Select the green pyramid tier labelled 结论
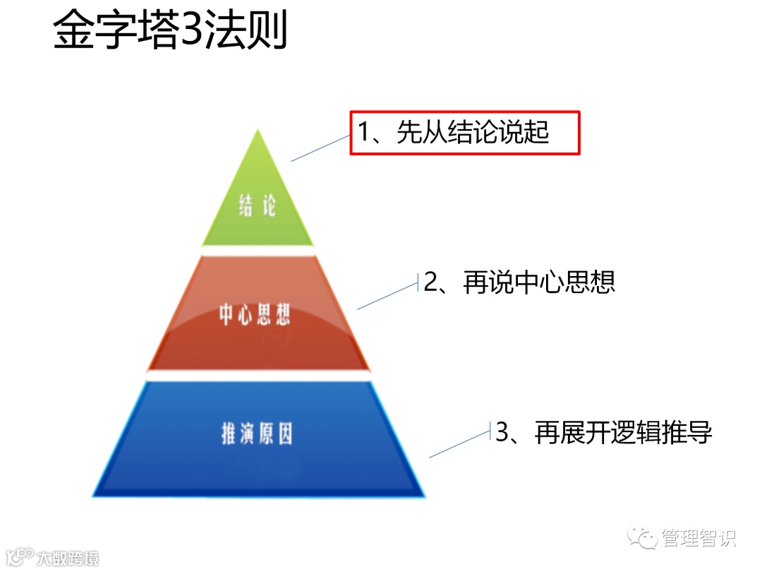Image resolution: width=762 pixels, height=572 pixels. tap(258, 201)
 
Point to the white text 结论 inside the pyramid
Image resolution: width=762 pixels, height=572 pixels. tap(258, 205)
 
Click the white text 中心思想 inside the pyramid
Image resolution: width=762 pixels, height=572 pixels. tap(255, 315)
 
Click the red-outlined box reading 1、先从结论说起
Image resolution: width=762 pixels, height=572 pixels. tap(465, 133)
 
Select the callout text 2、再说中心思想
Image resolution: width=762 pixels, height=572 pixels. tap(519, 282)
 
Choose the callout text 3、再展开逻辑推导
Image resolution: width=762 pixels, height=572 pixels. tap(603, 432)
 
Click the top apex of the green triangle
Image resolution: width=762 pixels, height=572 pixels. tap(259, 131)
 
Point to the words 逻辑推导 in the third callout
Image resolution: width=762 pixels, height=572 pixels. tap(664, 432)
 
